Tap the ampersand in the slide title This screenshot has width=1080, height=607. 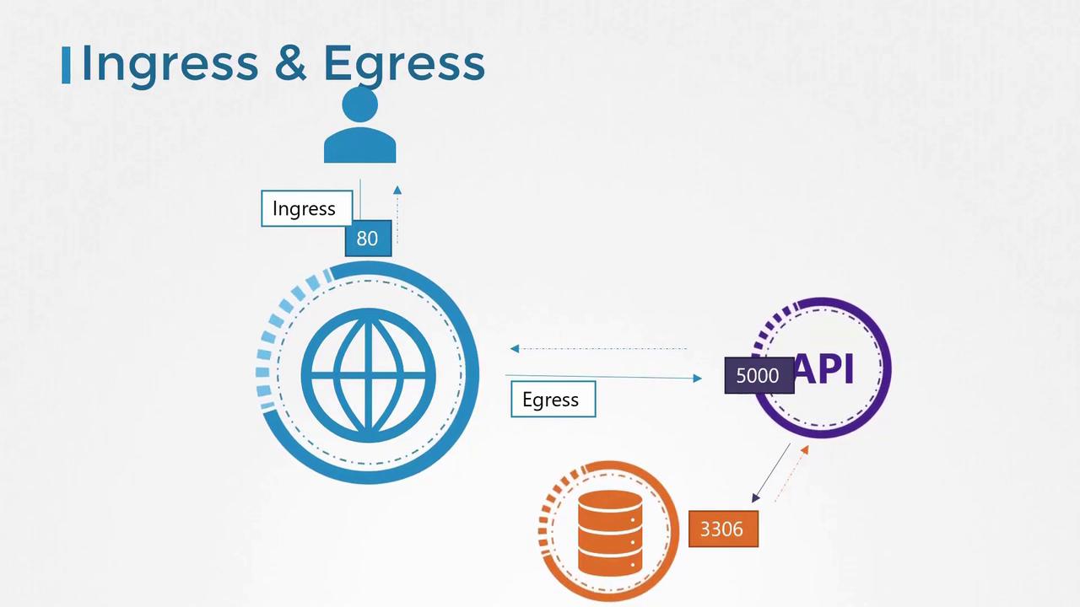(290, 63)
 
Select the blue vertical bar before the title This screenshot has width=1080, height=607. (66, 65)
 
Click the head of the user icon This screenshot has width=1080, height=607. (359, 104)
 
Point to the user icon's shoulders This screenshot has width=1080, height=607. (359, 146)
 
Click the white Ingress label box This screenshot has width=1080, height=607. (306, 208)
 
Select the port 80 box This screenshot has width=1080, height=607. (369, 239)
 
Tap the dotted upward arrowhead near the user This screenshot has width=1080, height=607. (397, 190)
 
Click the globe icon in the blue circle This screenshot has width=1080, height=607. (369, 375)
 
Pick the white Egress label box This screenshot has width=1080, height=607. (553, 399)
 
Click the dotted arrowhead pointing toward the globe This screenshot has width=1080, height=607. (515, 348)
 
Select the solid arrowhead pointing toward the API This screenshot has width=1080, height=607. (697, 379)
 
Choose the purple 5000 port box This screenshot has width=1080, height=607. (759, 375)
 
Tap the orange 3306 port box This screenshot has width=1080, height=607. (723, 529)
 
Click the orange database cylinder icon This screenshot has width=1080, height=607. (610, 533)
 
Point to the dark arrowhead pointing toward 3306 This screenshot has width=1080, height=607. (756, 497)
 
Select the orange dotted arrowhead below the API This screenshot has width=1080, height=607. (805, 450)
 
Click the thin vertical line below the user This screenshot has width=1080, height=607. (360, 200)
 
